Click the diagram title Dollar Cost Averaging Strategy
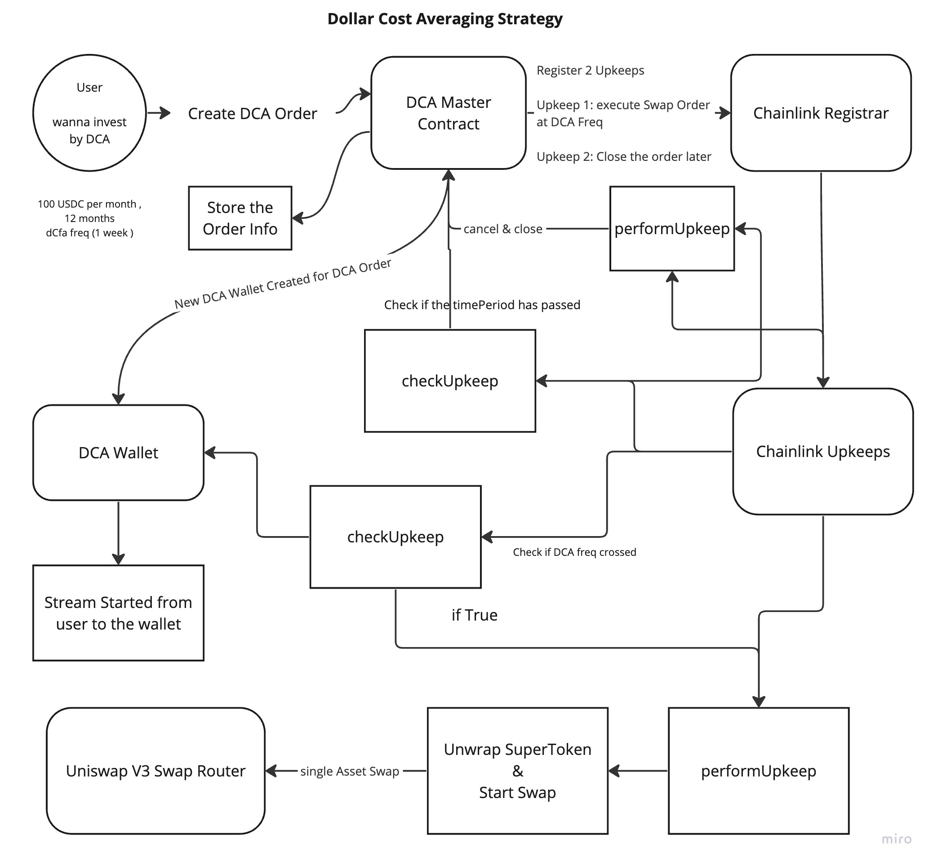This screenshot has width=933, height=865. (445, 19)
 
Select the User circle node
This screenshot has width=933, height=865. (89, 113)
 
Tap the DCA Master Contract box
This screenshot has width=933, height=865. (449, 113)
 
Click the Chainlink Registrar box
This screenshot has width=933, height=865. (821, 113)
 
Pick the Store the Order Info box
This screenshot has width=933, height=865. (240, 218)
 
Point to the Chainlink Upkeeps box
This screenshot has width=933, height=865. (823, 451)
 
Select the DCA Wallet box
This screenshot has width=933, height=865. (119, 452)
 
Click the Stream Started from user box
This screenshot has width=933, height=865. (119, 613)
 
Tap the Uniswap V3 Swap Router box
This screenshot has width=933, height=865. (156, 771)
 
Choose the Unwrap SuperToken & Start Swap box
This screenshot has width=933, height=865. (518, 771)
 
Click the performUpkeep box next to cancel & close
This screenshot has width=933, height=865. (672, 228)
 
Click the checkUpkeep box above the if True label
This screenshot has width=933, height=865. (395, 537)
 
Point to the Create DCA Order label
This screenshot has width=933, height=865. (253, 113)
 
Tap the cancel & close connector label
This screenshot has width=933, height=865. (503, 229)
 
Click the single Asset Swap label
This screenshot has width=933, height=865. (350, 771)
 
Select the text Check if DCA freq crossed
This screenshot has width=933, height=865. (574, 552)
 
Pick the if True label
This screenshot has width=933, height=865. (474, 615)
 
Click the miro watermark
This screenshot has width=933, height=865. (897, 838)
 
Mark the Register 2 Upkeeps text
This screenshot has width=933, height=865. (591, 70)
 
